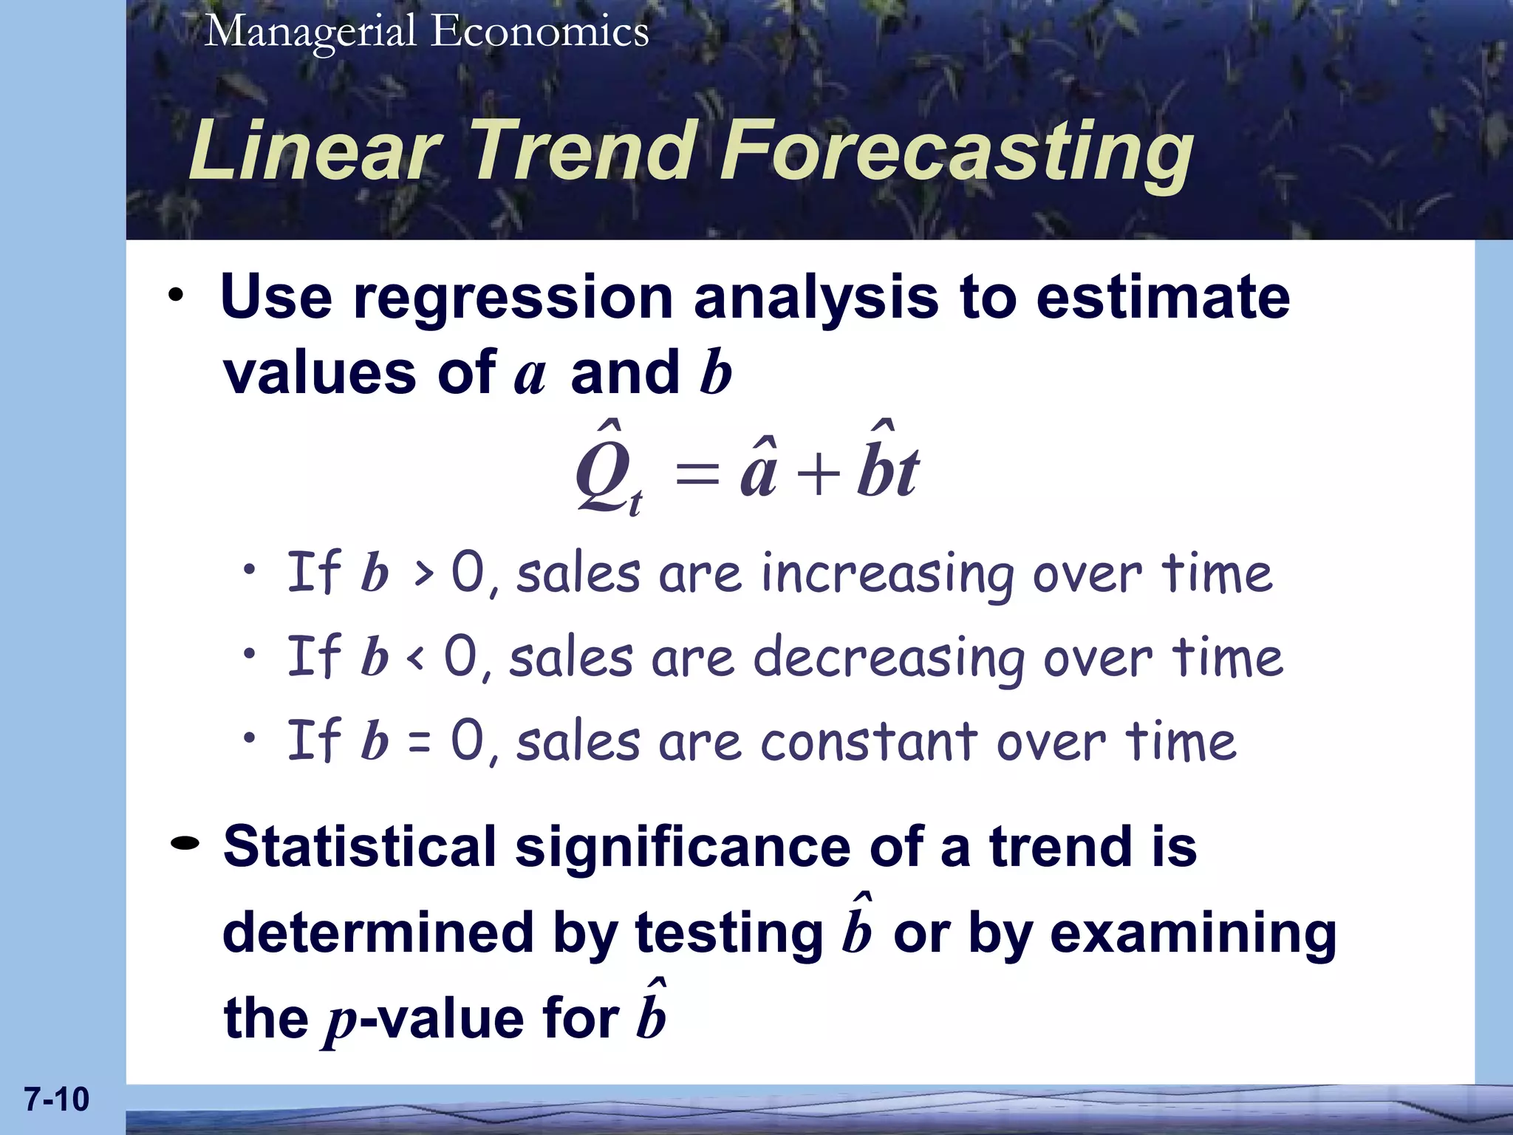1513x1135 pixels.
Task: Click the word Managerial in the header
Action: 310,33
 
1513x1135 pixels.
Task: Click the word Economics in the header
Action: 540,33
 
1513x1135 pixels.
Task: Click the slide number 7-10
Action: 57,1099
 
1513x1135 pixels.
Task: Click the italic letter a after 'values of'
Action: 529,374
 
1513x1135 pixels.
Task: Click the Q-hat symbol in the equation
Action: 604,469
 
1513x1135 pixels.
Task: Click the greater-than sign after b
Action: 423,575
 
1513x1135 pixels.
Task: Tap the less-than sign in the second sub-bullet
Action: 417,658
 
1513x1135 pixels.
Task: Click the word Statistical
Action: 360,847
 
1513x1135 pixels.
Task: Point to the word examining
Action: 1192,933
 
